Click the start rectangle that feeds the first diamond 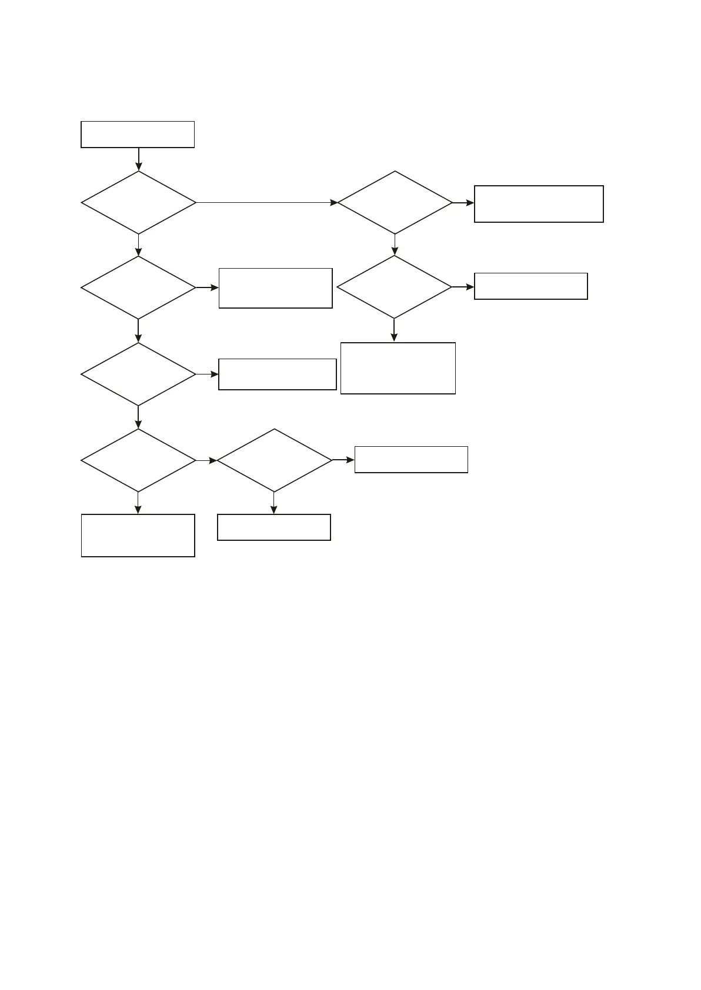pos(138,135)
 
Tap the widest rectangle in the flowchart pos(539,204)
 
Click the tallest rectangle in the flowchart pos(398,368)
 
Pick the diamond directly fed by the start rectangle pos(139,203)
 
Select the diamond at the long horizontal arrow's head pos(395,203)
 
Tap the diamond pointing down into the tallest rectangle pos(394,287)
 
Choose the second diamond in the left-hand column pos(138,287)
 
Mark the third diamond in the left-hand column pos(138,374)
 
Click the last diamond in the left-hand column pos(138,460)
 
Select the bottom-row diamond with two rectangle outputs pos(274,460)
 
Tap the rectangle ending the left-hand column pos(138,536)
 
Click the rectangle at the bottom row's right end pos(411,460)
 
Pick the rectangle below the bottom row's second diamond pos(274,527)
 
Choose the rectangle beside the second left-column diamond pos(275,288)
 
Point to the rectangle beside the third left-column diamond pos(277,374)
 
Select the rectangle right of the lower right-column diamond pos(530,286)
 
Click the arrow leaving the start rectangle pos(139,159)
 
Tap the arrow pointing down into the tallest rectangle pos(394,330)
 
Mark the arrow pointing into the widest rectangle pos(463,203)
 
